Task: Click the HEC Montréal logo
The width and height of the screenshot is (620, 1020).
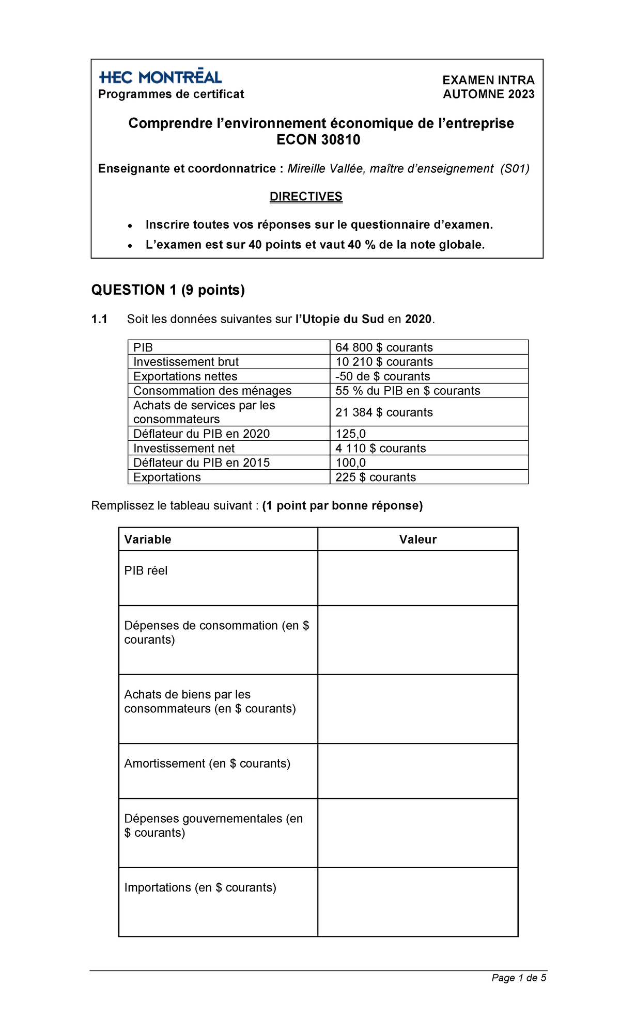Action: (160, 77)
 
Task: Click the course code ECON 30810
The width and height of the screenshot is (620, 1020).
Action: (318, 140)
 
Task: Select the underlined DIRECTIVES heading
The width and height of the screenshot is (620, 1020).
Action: (306, 197)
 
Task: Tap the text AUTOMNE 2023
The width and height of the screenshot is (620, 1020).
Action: (488, 94)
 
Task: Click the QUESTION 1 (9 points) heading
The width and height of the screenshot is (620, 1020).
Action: (168, 290)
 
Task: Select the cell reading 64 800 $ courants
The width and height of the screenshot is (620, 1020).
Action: (384, 347)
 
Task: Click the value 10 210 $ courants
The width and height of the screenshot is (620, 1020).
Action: (384, 362)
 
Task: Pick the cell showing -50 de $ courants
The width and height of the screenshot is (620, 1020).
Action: (382, 376)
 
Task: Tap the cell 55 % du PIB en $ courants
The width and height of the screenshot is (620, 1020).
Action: (408, 391)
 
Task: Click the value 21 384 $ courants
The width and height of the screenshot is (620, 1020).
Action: (384, 412)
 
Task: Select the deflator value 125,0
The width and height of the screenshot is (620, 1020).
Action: (350, 434)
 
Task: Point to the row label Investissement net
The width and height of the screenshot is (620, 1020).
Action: (184, 448)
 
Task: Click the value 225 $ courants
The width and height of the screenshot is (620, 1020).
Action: (376, 477)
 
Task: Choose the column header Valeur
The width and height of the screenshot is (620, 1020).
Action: (417, 539)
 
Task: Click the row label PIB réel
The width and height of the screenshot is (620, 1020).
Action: (146, 570)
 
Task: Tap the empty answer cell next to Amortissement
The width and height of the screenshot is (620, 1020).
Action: (417, 771)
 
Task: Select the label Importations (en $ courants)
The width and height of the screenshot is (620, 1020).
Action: (200, 887)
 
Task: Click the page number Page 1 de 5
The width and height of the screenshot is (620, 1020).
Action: (519, 978)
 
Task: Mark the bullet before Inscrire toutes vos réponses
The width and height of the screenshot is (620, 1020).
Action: (131, 226)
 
